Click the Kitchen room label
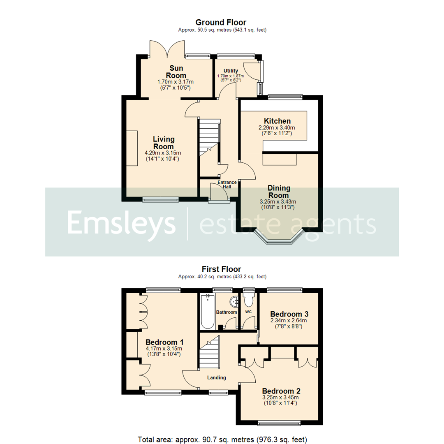pos(277,121)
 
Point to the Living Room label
pos(164,143)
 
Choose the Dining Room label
pos(279,192)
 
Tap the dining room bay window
pos(279,240)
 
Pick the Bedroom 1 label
pos(164,342)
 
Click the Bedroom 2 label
pos(280,391)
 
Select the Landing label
pos(217,378)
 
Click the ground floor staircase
pos(209,138)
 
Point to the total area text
pos(222,439)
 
